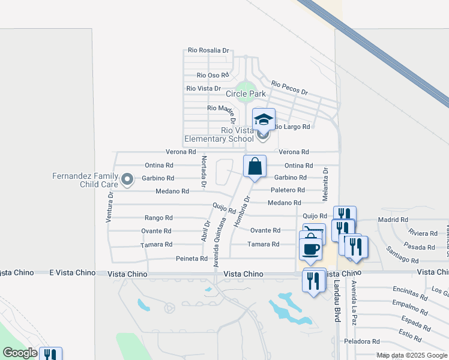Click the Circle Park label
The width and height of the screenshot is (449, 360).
tap(246, 94)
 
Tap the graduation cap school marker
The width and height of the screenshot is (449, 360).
tap(264, 119)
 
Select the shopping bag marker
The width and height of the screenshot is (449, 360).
tap(255, 166)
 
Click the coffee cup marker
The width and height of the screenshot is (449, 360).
tap(310, 248)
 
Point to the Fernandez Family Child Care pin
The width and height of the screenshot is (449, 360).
tap(127, 179)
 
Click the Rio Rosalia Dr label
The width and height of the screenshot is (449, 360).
tap(208, 51)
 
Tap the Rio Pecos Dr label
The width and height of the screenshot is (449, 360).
tap(289, 88)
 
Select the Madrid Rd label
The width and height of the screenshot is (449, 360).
tap(393, 220)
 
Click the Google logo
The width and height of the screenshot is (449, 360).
tap(20, 353)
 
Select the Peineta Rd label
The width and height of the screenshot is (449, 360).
tap(191, 259)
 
